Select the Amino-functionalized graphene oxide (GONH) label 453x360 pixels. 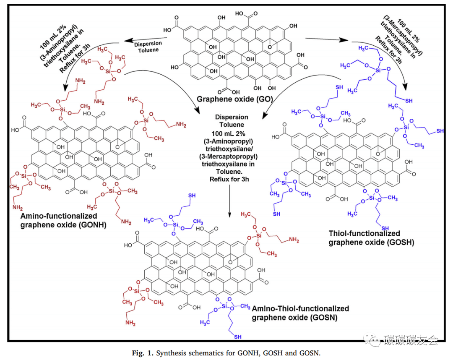59,220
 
